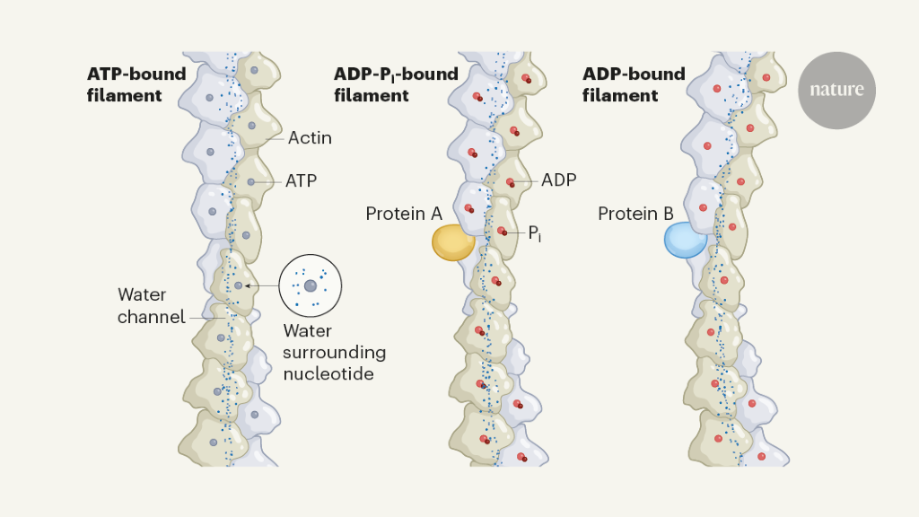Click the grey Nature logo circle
coord(836,90)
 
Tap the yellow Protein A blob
coord(453,242)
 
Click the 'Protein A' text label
coord(404,214)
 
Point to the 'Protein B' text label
coord(635,214)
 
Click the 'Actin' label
coord(310,138)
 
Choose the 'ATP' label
coord(301,180)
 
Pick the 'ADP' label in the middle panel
coord(558,180)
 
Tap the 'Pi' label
coord(535,233)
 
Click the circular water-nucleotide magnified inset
coord(311,285)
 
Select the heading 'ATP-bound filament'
coord(136,84)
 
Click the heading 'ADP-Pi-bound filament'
coord(396,84)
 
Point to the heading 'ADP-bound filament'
coord(634,84)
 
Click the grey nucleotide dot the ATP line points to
coord(250,181)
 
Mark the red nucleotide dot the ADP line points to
coord(509,181)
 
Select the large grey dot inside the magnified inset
coord(310,285)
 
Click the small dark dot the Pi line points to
coord(504,233)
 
